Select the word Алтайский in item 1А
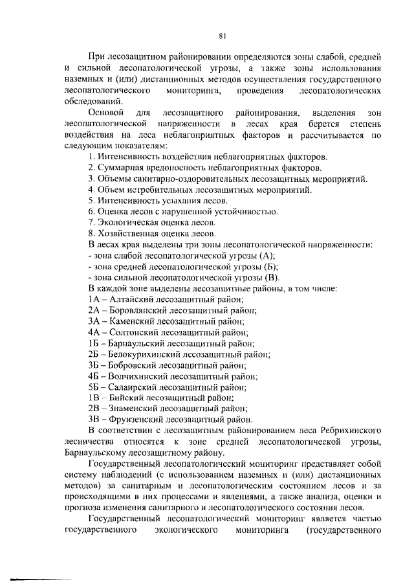click(130, 299)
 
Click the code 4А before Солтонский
click(94, 332)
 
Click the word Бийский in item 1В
click(126, 398)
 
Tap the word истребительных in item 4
click(170, 189)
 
